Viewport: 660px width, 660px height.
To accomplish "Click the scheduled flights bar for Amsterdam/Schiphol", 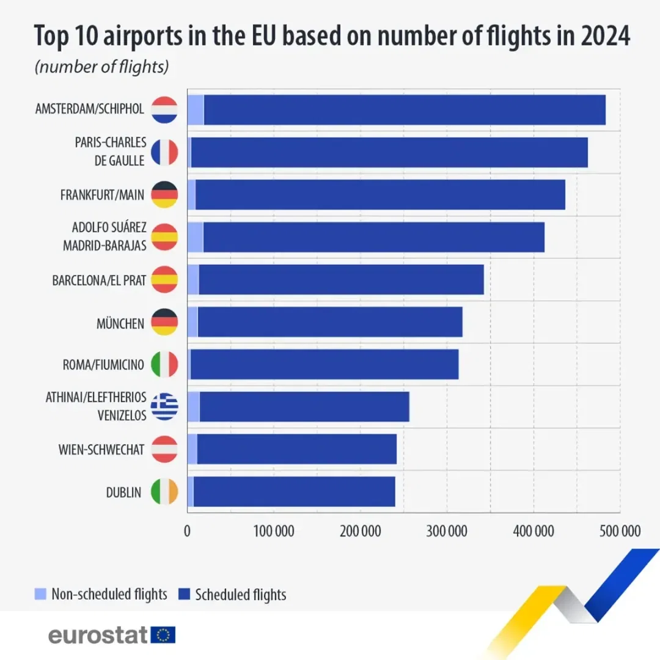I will [x=403, y=110].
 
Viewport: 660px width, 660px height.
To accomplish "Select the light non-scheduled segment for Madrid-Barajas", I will [x=195, y=237].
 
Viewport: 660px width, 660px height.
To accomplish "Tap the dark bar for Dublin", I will [x=293, y=492].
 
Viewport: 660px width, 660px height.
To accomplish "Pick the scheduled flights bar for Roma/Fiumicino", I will [x=324, y=365].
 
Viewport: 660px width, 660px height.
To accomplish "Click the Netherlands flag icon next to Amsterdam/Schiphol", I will [x=164, y=110].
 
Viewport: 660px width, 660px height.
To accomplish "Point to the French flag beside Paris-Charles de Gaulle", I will [x=164, y=152].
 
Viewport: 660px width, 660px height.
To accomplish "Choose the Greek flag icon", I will [x=164, y=406].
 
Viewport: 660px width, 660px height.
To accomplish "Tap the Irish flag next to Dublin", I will [x=164, y=492].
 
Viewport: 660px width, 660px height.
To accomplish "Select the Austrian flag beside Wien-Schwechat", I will [x=164, y=449].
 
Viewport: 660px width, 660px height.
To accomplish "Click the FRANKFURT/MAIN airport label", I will [x=103, y=195].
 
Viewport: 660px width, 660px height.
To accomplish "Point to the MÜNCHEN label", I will [x=120, y=323].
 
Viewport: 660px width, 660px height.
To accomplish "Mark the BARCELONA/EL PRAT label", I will [x=99, y=280].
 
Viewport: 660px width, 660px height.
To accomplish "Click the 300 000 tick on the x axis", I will [x=447, y=530].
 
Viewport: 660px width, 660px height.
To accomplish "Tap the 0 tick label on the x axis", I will [x=187, y=530].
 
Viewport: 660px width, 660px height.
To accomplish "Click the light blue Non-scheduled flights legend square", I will [x=41, y=593].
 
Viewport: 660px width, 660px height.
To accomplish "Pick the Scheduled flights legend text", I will [x=240, y=594].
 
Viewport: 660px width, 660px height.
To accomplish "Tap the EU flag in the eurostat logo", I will [x=163, y=635].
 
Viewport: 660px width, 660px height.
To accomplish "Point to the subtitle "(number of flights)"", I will [x=101, y=67].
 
